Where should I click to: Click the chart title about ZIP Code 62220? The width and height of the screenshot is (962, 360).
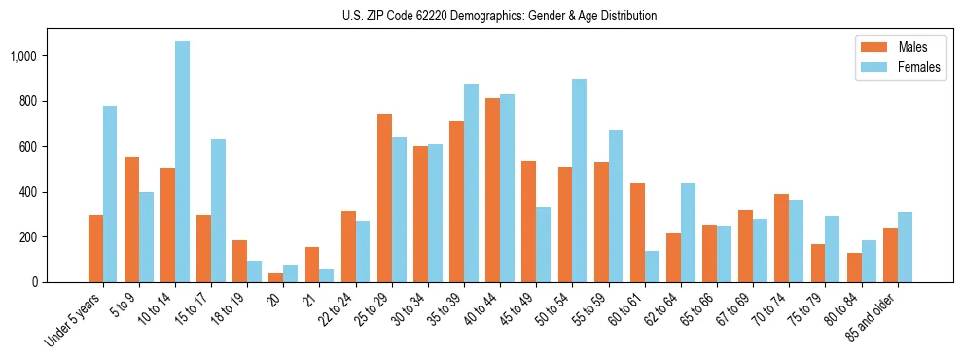[499, 16]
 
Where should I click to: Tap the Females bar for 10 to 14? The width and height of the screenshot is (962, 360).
[182, 162]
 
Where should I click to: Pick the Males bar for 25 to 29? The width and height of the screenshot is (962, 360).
[384, 198]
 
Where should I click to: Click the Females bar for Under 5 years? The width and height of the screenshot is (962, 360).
[110, 195]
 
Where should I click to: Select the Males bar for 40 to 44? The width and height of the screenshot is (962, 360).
[492, 191]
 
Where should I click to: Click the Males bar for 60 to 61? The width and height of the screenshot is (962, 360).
[637, 233]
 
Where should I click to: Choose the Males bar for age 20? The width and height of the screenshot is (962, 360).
[276, 277]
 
